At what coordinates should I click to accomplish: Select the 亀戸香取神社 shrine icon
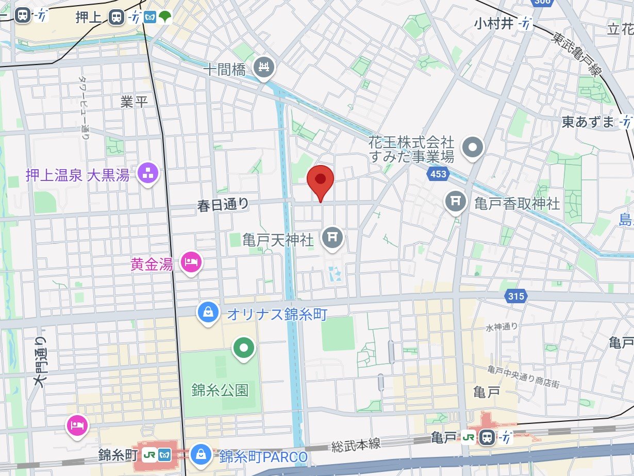(455, 202)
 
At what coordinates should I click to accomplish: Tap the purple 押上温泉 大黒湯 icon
(148, 174)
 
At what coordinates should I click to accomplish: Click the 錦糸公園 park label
(220, 389)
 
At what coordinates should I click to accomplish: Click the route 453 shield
(438, 174)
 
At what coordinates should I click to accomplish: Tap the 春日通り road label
(223, 205)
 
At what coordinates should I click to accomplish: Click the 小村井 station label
(495, 23)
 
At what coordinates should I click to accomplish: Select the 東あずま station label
(588, 122)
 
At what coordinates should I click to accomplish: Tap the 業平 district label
(134, 102)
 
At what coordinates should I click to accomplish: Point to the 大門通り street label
(40, 362)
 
